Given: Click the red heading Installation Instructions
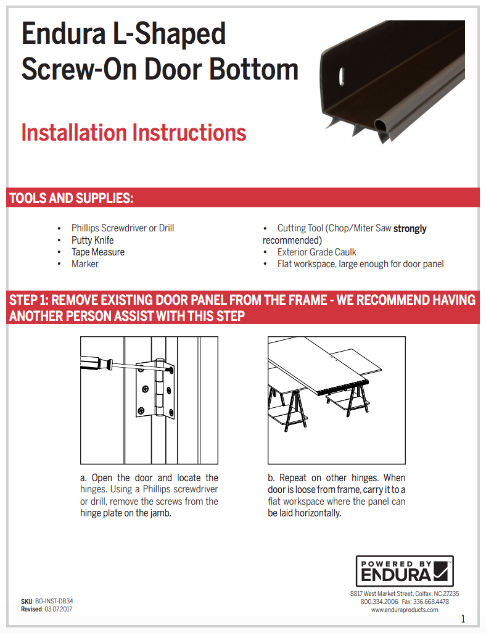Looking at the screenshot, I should point(134,133).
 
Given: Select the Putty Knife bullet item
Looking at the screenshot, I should point(93,240).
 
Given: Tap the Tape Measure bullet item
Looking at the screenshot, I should point(97,252).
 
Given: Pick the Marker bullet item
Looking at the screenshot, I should point(84,263).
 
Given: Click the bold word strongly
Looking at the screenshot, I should point(410,228).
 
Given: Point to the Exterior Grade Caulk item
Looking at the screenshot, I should point(316,252).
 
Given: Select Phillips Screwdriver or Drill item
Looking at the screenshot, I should point(122,228).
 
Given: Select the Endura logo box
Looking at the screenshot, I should point(405,571).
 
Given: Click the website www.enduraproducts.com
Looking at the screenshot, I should point(405,610).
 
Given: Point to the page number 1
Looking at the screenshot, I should point(463,619).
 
